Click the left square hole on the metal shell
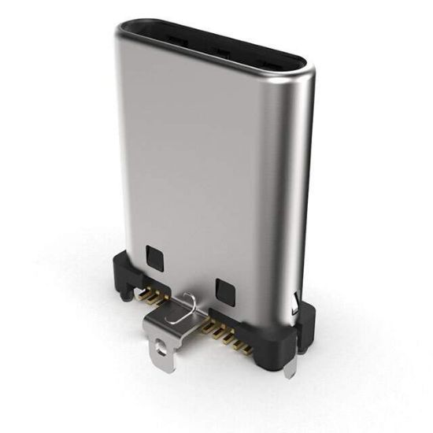(154, 255)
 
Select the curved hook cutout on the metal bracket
(188, 302)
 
